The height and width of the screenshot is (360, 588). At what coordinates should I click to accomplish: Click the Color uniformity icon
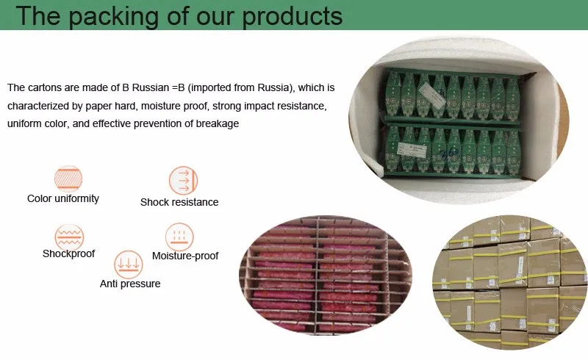point(68,179)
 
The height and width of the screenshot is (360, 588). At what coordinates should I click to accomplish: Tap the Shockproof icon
point(68,237)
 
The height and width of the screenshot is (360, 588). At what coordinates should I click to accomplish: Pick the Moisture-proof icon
point(179,237)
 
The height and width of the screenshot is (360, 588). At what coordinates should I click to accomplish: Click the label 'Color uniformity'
point(63,198)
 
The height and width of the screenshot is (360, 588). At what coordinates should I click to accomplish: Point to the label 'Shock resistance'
point(179,202)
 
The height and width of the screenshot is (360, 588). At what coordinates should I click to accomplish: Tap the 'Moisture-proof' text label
point(185,256)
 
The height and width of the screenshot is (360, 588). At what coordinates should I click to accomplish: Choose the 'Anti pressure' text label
point(130,284)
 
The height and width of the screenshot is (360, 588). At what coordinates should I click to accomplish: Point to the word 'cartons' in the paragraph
point(48,88)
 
